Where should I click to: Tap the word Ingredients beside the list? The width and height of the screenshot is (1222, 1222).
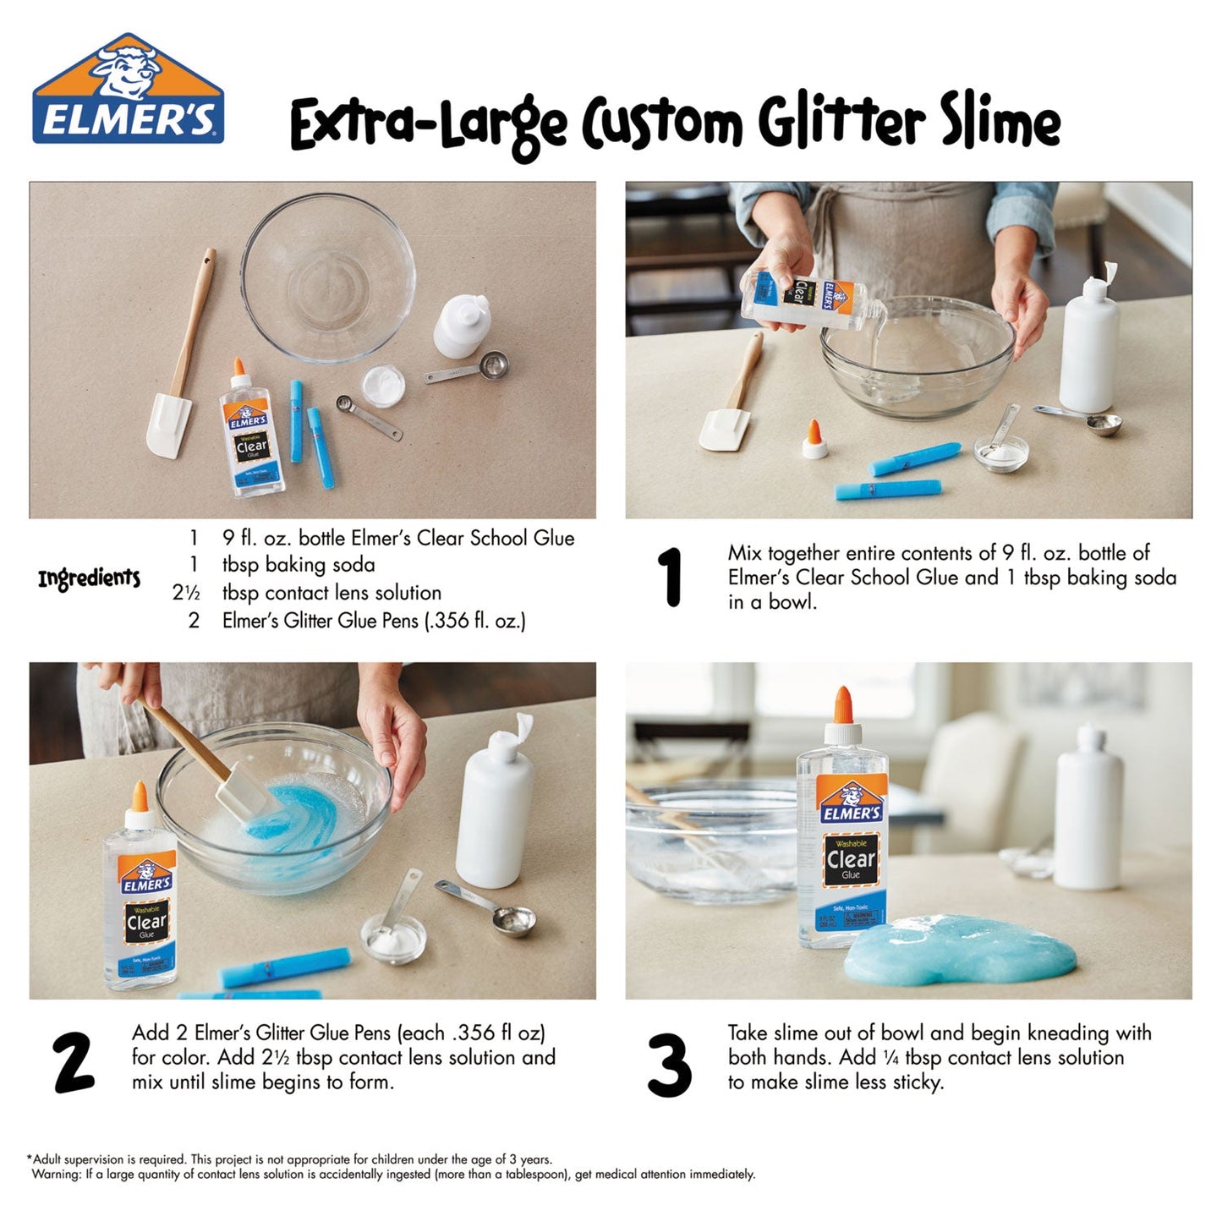[x=89, y=578]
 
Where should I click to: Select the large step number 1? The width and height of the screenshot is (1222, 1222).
[x=671, y=578]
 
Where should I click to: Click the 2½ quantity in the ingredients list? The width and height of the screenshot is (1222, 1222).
[x=186, y=593]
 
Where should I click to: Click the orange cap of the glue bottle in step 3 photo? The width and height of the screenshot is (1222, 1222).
[x=842, y=704]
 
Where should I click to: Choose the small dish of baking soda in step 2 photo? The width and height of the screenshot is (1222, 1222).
[x=393, y=940]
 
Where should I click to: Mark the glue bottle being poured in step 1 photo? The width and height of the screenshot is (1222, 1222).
[x=803, y=295]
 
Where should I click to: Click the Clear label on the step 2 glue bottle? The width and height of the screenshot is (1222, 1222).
[x=146, y=922]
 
